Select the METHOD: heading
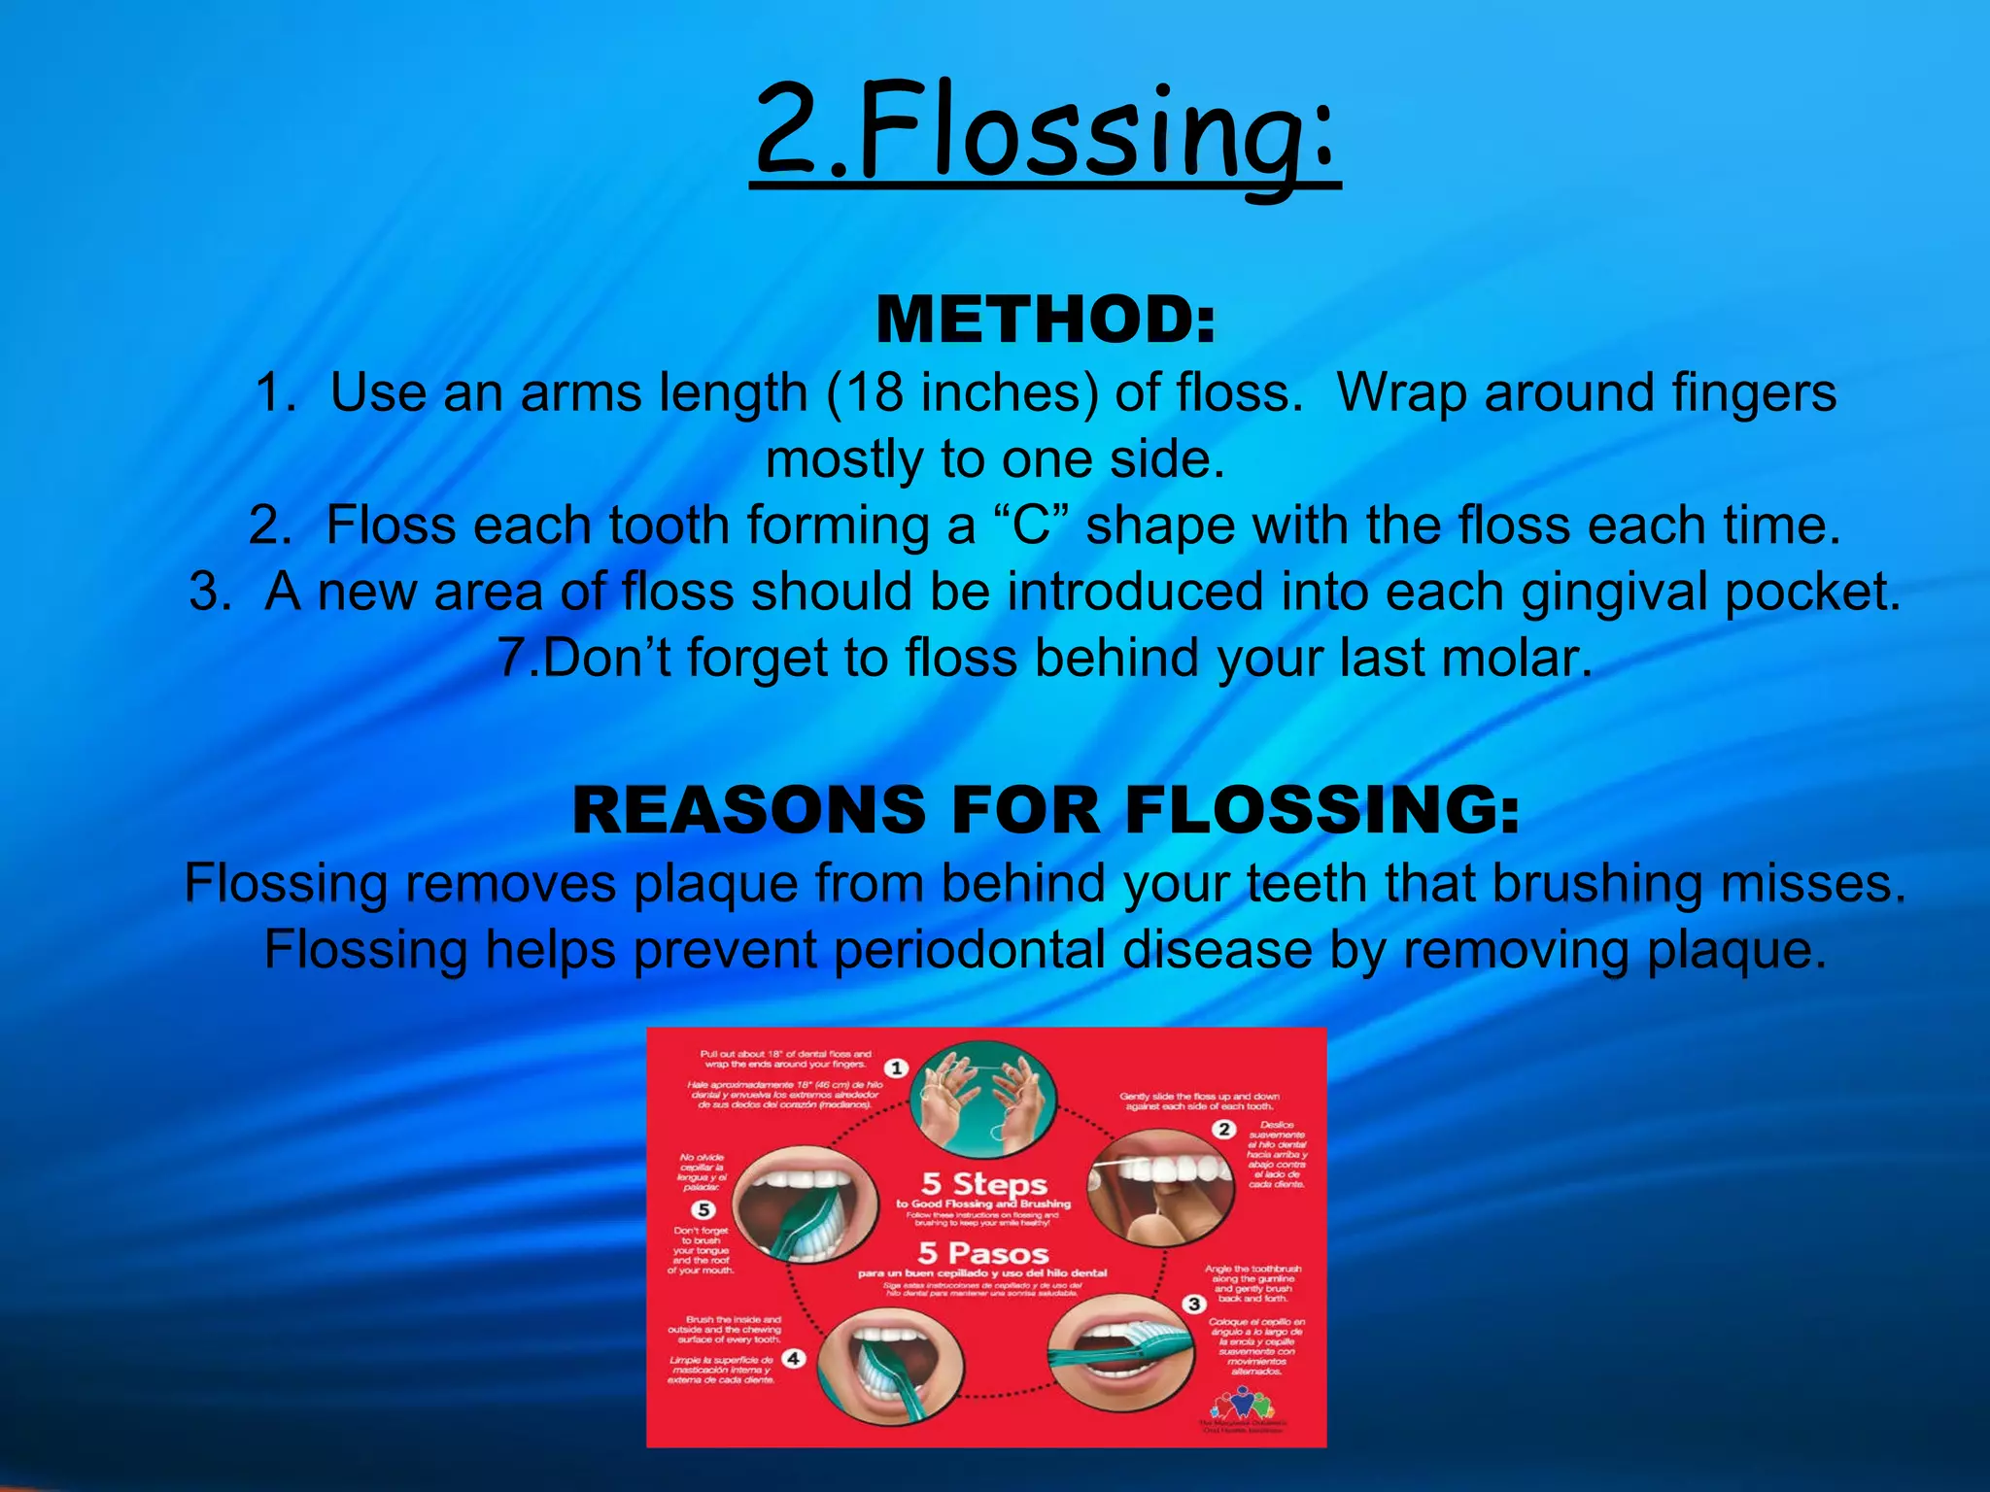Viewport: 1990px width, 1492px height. [1046, 320]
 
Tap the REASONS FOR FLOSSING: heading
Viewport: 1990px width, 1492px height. [1046, 810]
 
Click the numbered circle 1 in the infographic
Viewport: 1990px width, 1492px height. [896, 1068]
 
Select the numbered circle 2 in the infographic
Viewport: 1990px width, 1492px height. [1224, 1129]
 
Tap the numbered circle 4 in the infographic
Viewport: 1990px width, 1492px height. [794, 1358]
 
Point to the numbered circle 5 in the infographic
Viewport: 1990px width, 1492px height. [703, 1209]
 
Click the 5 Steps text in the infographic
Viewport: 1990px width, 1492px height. [983, 1184]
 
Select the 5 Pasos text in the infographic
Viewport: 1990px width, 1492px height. [983, 1253]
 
